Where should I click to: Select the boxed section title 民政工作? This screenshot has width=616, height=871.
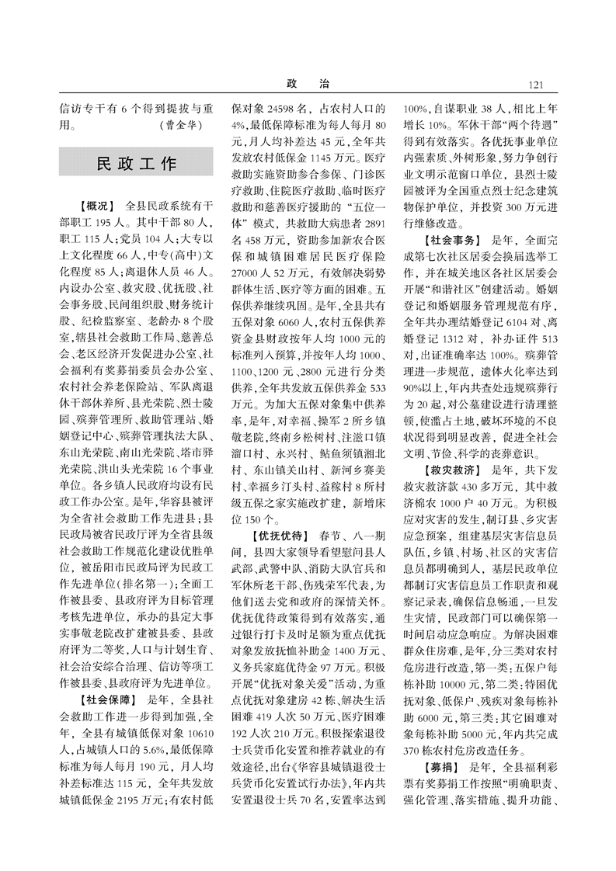point(125,164)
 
